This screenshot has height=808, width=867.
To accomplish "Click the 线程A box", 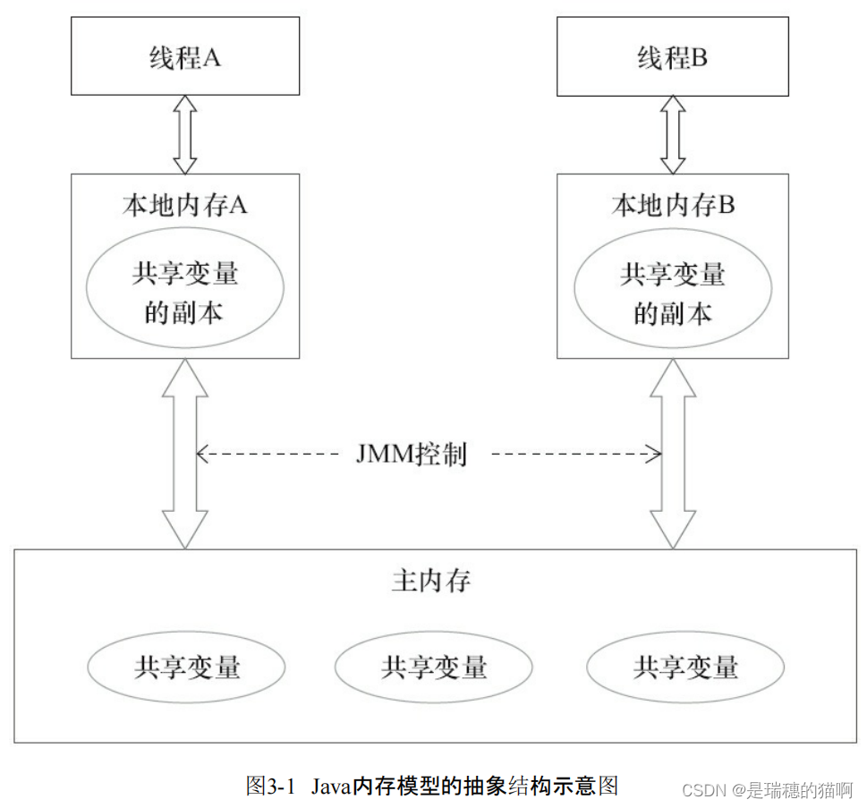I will point(185,59).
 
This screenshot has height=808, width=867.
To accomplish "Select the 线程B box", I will point(673,59).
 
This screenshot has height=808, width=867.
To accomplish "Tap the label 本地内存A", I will point(185,205).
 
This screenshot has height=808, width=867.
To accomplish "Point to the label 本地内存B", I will point(673,205).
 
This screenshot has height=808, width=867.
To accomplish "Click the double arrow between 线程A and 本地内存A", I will point(185,134).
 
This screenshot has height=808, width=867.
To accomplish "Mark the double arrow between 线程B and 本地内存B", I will point(673,134).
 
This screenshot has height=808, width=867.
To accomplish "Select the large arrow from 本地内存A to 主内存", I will point(185,453).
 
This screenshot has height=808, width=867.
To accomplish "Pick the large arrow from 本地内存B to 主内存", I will point(673,453).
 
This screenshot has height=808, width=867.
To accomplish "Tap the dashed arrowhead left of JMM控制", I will point(201,455).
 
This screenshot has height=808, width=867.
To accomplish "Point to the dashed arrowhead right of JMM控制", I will point(656,455).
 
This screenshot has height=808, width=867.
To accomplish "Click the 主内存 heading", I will point(431,582).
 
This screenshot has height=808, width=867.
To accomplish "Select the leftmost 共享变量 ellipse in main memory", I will point(186,667).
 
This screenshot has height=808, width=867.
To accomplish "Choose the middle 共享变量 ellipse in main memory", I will point(433,667).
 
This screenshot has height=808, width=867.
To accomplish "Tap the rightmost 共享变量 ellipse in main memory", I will point(685,667).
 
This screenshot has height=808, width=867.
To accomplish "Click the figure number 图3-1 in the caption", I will point(270,787).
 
